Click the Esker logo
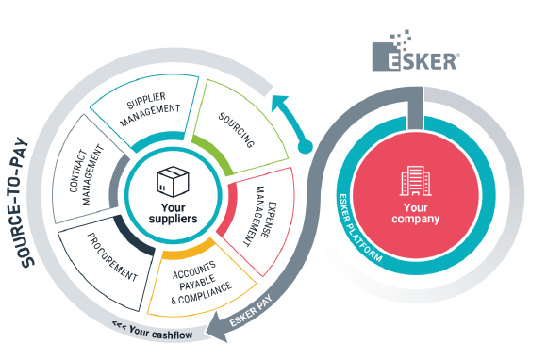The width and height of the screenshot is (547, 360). [x=416, y=51]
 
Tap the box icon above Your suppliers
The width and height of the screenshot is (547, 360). [x=173, y=182]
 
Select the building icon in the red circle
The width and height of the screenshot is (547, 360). [x=415, y=181]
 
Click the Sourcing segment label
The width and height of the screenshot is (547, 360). [x=237, y=130]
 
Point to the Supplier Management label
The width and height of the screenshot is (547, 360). [x=150, y=109]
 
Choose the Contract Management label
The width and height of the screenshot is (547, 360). [x=87, y=175]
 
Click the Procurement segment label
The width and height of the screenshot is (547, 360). [x=112, y=257]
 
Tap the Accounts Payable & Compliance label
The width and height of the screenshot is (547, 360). [x=201, y=283]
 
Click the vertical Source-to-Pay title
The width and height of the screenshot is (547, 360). [x=23, y=203]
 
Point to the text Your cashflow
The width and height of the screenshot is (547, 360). [x=153, y=331]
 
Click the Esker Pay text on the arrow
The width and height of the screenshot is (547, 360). [x=251, y=311]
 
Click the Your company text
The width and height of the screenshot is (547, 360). [x=415, y=213]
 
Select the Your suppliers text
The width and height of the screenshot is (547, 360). [x=173, y=213]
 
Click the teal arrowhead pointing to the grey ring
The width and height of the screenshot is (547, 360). [x=280, y=102]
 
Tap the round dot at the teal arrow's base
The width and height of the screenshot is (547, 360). [x=306, y=146]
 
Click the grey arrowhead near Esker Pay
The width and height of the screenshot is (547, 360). [x=217, y=328]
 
